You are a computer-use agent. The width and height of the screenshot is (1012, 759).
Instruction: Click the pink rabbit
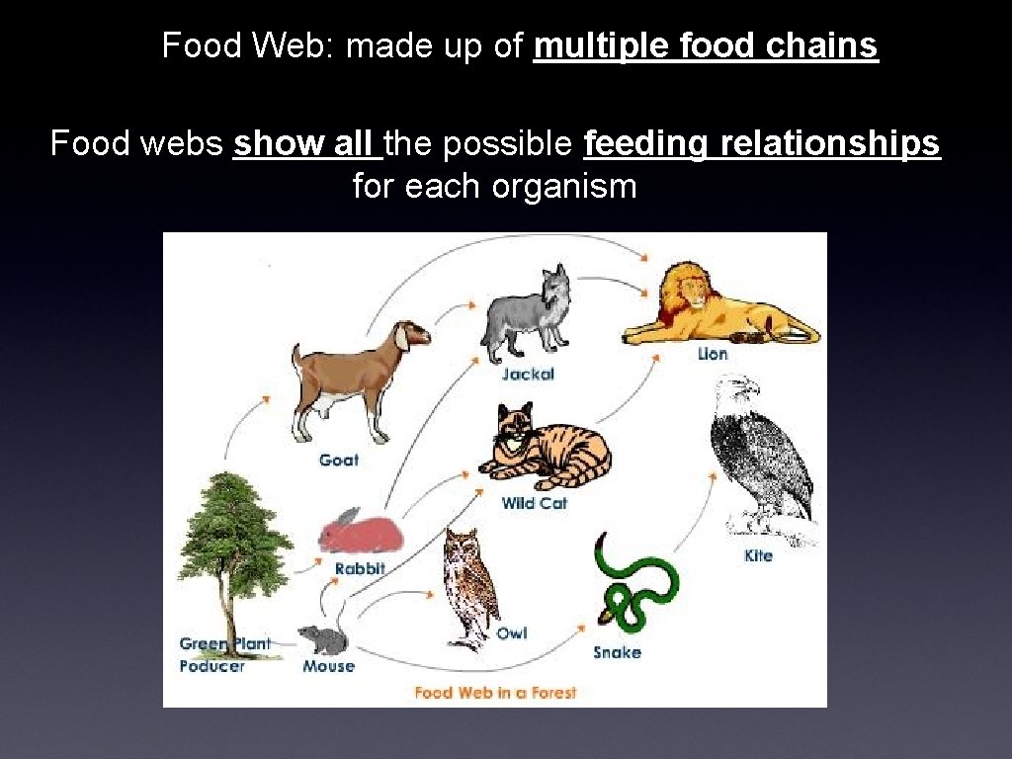click(360, 533)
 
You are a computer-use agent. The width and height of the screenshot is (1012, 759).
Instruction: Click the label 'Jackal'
click(528, 375)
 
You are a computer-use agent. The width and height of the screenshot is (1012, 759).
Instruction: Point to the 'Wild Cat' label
click(535, 503)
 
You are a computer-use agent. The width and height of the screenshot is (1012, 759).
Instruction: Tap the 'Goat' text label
click(339, 460)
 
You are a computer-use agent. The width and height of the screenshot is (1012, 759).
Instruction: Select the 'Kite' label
click(758, 556)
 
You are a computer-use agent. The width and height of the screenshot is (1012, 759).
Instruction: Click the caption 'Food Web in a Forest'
click(495, 692)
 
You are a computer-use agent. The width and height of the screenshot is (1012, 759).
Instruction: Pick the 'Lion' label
click(712, 354)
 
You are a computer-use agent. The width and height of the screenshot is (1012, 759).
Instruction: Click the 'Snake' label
click(617, 652)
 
